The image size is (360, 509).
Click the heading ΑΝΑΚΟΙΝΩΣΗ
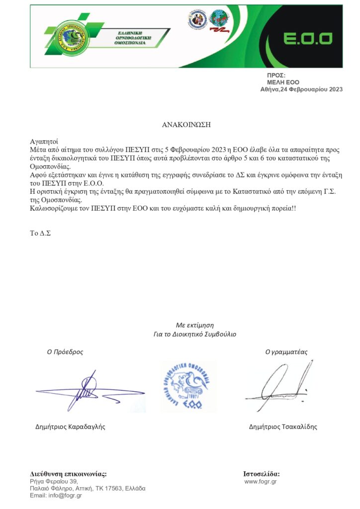click(186, 125)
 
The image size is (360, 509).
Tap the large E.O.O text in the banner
click(308, 39)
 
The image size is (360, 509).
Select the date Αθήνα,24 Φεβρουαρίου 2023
click(301, 89)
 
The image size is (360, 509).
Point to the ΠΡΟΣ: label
click(276, 75)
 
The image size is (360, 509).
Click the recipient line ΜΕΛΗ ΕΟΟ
click(283, 82)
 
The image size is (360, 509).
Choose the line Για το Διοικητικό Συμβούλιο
click(195, 334)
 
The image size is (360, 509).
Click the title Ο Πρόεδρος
click(65, 351)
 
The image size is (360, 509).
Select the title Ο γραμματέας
click(286, 351)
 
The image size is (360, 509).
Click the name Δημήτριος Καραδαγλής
click(71, 426)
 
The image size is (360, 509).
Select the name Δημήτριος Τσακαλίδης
click(283, 426)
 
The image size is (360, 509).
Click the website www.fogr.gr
click(261, 481)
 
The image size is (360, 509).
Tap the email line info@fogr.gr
click(56, 495)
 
